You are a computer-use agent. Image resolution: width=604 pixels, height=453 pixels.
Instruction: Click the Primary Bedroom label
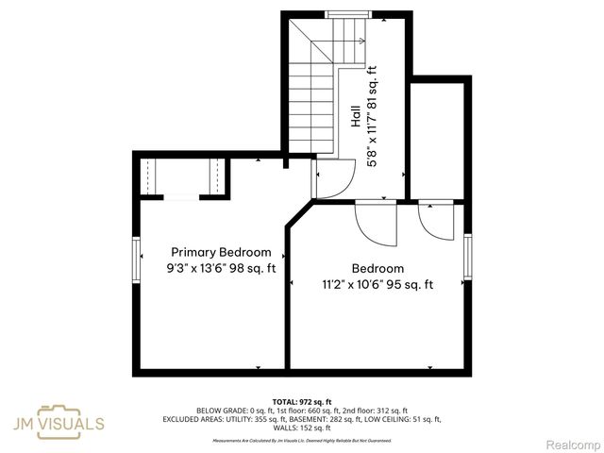pos(221,252)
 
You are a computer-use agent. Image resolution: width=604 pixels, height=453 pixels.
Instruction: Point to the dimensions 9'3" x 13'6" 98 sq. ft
pos(221,268)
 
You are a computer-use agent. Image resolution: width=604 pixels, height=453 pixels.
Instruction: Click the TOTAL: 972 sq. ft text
pos(301,402)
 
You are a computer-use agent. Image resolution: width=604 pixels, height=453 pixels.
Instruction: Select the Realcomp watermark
pos(574,445)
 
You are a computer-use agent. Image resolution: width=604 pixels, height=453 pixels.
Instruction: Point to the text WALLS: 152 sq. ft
pos(301,428)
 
